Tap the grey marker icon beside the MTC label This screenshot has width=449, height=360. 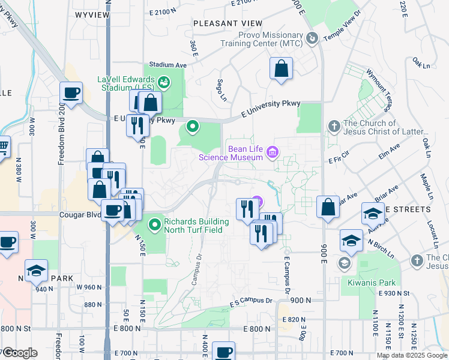pos(311,39)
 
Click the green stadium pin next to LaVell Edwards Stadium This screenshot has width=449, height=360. pos(164,80)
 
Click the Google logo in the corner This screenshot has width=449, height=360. pos(19,353)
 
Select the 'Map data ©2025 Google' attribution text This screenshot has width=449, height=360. pos(412,355)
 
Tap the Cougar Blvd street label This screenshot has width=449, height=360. pos(79,214)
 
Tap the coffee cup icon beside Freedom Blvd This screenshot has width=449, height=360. pos(71,93)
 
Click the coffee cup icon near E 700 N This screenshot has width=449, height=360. pos(224,352)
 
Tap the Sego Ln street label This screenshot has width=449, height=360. pos(222,90)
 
